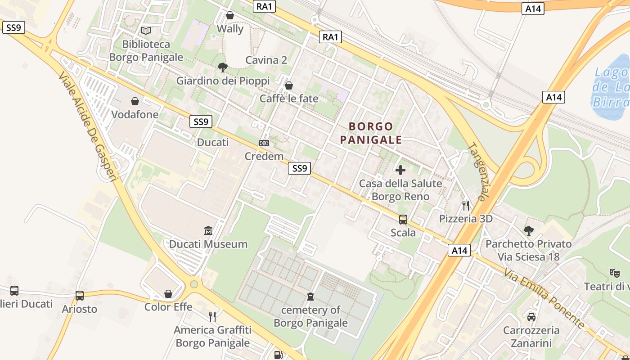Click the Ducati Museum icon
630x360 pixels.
(208, 231)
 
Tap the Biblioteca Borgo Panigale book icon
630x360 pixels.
(146, 31)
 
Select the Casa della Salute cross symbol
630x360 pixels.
(400, 170)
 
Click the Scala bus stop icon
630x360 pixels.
(403, 220)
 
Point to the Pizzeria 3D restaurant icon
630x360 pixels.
(466, 206)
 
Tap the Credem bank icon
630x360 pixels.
(264, 143)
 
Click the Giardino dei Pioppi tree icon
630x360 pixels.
(222, 67)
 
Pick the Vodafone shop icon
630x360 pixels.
(135, 101)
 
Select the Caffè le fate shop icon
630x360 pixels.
(289, 85)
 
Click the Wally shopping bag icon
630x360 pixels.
(230, 16)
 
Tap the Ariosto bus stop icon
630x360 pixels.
(80, 296)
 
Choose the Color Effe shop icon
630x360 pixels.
(168, 294)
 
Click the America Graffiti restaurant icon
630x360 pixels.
(212, 317)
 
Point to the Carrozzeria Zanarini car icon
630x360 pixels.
(531, 317)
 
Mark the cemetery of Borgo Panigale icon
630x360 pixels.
(310, 297)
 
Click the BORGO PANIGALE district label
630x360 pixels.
(371, 133)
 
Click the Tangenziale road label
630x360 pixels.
(478, 171)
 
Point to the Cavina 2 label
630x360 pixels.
(266, 60)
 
